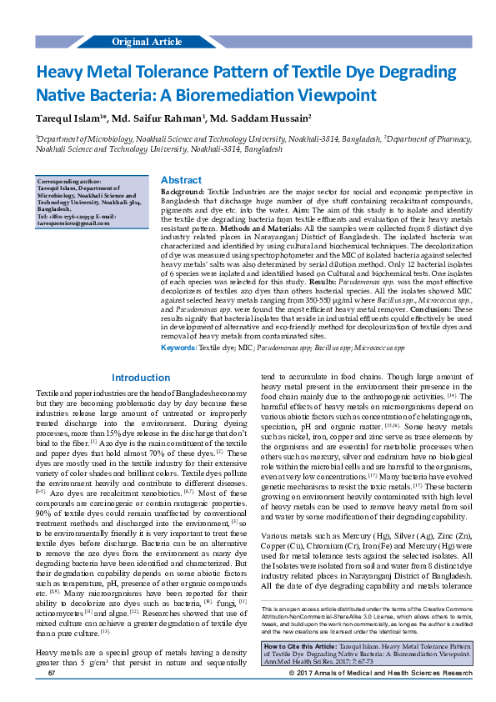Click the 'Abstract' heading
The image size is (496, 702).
click(180, 180)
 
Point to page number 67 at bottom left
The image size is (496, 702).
click(52, 694)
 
